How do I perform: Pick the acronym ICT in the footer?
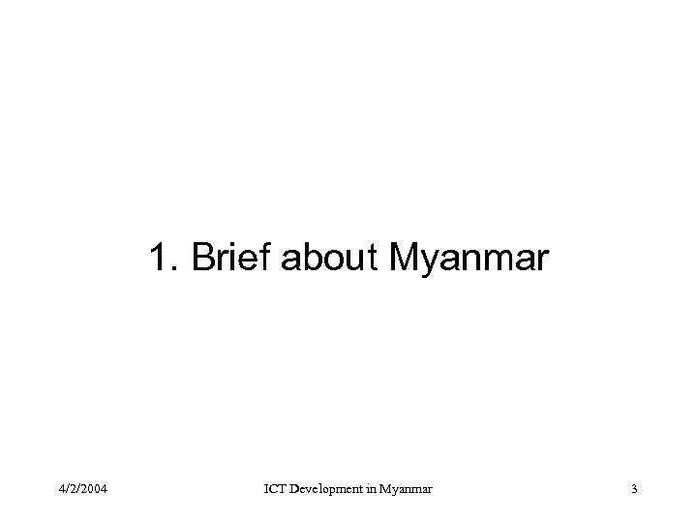tap(276, 490)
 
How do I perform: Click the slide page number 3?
tap(633, 490)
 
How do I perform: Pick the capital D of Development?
tap(297, 490)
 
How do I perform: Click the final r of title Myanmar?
tap(543, 261)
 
